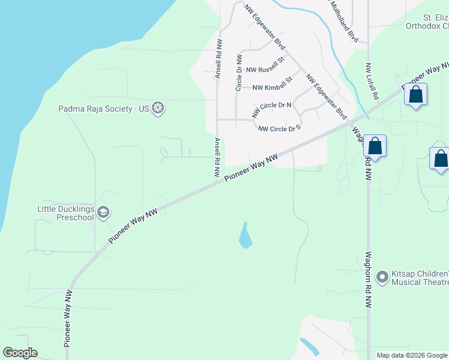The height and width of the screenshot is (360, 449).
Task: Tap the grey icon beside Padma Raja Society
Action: pos(158,109)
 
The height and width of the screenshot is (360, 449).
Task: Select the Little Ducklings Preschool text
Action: pos(65,213)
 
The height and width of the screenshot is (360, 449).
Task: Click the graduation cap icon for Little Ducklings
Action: pos(103,212)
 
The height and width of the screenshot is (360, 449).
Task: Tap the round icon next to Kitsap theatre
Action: pos(382,277)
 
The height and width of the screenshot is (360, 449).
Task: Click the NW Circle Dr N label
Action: pos(271,109)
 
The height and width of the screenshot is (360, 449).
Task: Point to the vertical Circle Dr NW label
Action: pos(238,73)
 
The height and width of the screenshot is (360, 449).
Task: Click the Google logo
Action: pos(20,353)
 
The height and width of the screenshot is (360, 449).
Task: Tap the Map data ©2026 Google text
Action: pos(412,355)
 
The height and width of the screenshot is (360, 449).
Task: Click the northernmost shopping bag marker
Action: pos(415,94)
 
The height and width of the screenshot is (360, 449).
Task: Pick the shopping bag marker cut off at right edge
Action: pos(441,159)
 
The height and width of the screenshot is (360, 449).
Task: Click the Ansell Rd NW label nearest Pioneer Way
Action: pos(217,157)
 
